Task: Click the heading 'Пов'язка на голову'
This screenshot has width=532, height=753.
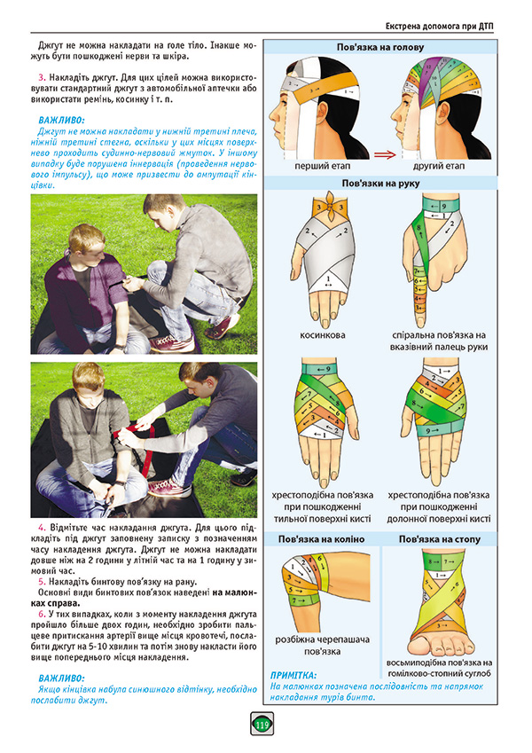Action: tap(380, 47)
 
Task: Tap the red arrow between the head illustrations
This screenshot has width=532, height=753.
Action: tap(385, 154)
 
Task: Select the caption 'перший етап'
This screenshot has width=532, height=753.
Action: tap(322, 166)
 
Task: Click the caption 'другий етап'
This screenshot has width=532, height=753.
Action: tap(439, 166)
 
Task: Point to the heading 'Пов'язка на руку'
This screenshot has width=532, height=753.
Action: tap(380, 183)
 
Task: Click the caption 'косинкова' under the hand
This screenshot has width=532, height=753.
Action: tap(322, 335)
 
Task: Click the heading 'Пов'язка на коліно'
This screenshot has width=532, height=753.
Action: tap(321, 539)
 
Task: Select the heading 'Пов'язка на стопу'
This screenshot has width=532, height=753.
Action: tap(439, 539)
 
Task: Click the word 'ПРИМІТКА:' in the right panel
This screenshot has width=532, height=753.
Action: tap(293, 675)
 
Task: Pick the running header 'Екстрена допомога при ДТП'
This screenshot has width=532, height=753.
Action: tap(439, 27)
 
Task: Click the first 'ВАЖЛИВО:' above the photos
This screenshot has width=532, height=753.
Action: tap(61, 121)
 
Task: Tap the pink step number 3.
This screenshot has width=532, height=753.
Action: tap(42, 78)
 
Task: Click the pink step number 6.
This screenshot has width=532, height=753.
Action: tap(42, 615)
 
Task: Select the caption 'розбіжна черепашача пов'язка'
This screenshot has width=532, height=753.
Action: tap(322, 646)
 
